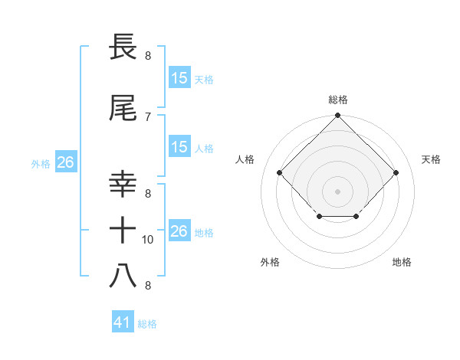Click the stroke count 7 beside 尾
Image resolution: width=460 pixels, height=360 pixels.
[148, 116]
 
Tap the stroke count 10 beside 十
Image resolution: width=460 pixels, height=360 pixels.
[148, 240]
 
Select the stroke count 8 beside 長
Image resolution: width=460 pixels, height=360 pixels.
[148, 55]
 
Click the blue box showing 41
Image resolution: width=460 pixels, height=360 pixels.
[123, 323]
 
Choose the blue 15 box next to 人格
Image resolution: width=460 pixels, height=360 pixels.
[179, 148]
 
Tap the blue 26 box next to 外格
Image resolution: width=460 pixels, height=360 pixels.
[65, 162]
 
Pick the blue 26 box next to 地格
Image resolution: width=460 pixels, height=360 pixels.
[179, 231]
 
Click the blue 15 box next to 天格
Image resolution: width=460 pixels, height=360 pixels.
[179, 78]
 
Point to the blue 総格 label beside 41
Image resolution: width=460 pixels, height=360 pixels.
[147, 324]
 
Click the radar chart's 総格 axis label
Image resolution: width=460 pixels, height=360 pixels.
[337, 100]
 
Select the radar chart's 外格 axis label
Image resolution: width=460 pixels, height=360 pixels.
[270, 262]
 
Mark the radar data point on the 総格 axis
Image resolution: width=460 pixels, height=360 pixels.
[337, 116]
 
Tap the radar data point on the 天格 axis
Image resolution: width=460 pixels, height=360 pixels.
[396, 172]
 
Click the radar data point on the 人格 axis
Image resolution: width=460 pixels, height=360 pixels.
[279, 172]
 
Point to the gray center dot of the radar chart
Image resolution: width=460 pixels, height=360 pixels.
[337, 191]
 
